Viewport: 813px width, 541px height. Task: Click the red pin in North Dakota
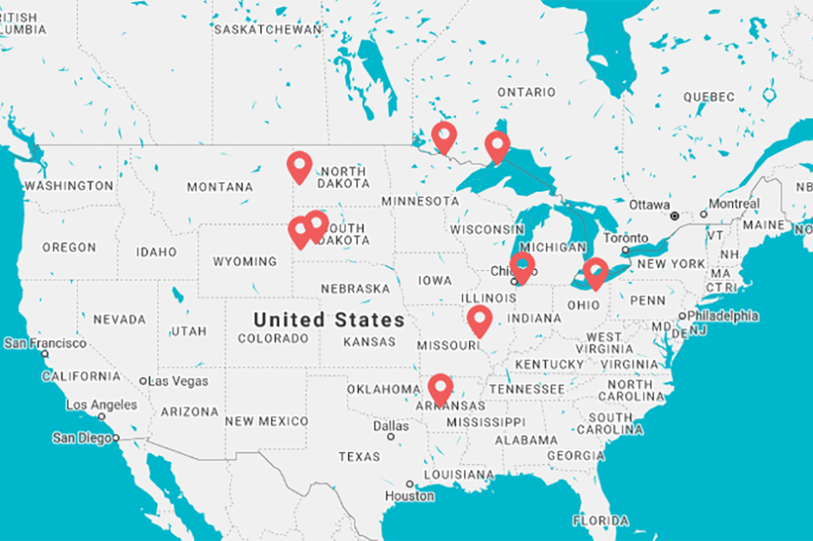[x=300, y=166]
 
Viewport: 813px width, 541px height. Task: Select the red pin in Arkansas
[x=441, y=387]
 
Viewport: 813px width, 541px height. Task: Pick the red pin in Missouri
[x=480, y=320]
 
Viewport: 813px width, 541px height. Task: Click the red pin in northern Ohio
[x=596, y=272]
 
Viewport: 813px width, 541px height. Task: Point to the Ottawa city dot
[x=674, y=216]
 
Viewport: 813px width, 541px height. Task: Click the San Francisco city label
[x=46, y=344]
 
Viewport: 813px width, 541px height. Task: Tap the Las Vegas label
[x=179, y=381]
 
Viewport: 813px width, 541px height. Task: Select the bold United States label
[x=328, y=319]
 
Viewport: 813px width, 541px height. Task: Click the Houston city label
[x=410, y=496]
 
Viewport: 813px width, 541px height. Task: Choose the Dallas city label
[x=391, y=426]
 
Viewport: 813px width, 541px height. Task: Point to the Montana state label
[x=220, y=187]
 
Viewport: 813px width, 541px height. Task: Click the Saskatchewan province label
[x=267, y=29]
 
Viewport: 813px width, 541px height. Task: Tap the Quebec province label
[x=708, y=97]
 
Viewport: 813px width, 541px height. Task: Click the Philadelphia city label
[x=723, y=315]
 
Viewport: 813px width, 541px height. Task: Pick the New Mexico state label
[x=267, y=421]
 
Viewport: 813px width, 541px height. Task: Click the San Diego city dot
[x=116, y=438]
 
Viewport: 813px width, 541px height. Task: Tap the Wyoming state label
[x=245, y=262]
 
